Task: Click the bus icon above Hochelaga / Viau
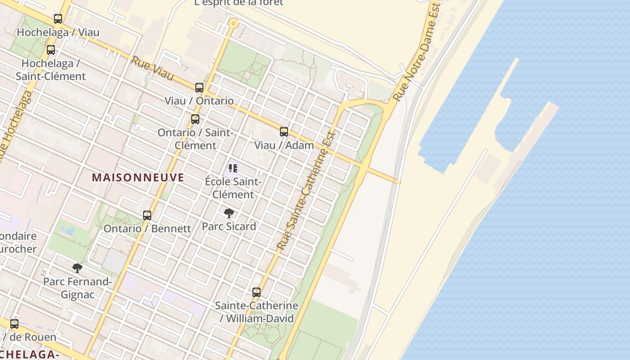click(x=58, y=19)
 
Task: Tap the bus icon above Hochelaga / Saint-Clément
click(x=51, y=50)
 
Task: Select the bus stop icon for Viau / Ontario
click(x=199, y=88)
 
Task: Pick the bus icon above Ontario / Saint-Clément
click(x=195, y=119)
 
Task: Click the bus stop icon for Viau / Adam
click(x=284, y=132)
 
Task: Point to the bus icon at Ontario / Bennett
click(x=147, y=216)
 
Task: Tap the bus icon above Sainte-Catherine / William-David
click(x=256, y=292)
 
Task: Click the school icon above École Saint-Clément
click(x=233, y=169)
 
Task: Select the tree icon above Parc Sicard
click(x=229, y=213)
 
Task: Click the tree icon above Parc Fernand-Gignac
click(x=77, y=268)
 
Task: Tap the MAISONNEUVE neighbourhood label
click(x=138, y=177)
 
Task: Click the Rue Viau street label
click(x=152, y=69)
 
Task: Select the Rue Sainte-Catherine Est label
click(x=306, y=191)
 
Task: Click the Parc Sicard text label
click(x=229, y=226)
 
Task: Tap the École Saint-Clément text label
click(x=233, y=188)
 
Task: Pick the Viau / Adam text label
click(x=284, y=145)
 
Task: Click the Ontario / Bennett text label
click(x=147, y=229)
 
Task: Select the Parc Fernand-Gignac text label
click(x=77, y=288)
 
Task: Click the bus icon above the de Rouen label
click(x=14, y=324)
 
